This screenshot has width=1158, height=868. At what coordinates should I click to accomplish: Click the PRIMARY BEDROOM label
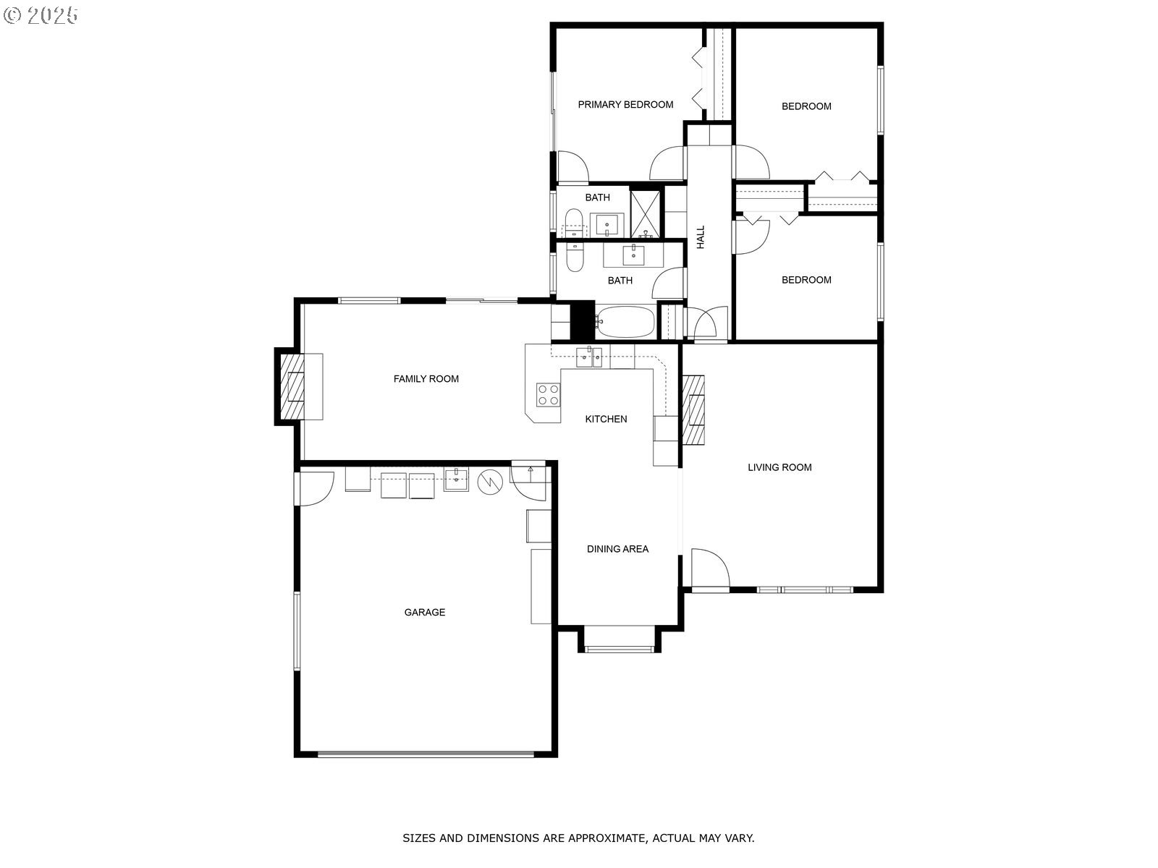click(625, 104)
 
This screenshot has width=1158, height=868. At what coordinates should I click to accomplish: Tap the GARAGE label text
click(425, 612)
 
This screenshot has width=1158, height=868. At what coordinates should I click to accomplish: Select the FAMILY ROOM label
click(426, 378)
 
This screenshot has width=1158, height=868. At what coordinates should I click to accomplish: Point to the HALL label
click(700, 237)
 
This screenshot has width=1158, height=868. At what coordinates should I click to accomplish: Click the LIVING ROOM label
click(779, 467)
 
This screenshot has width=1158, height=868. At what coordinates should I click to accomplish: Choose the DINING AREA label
click(617, 548)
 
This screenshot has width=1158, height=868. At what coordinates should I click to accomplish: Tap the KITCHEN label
click(606, 419)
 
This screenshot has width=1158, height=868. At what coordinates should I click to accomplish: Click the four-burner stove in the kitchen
click(548, 395)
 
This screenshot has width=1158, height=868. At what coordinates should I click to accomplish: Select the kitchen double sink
click(588, 357)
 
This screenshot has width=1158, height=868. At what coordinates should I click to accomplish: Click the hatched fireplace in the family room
click(292, 386)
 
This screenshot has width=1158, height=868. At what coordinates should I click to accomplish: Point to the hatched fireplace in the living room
click(693, 409)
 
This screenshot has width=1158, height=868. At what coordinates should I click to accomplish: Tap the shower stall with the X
click(645, 214)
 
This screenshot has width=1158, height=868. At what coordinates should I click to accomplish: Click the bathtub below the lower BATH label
click(625, 321)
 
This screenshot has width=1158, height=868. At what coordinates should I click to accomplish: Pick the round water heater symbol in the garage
click(490, 482)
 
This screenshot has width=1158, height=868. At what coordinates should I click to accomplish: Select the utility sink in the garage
click(456, 479)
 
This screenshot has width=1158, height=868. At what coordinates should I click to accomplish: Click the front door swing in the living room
click(710, 568)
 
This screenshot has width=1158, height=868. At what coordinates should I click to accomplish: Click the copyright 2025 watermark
click(41, 15)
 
